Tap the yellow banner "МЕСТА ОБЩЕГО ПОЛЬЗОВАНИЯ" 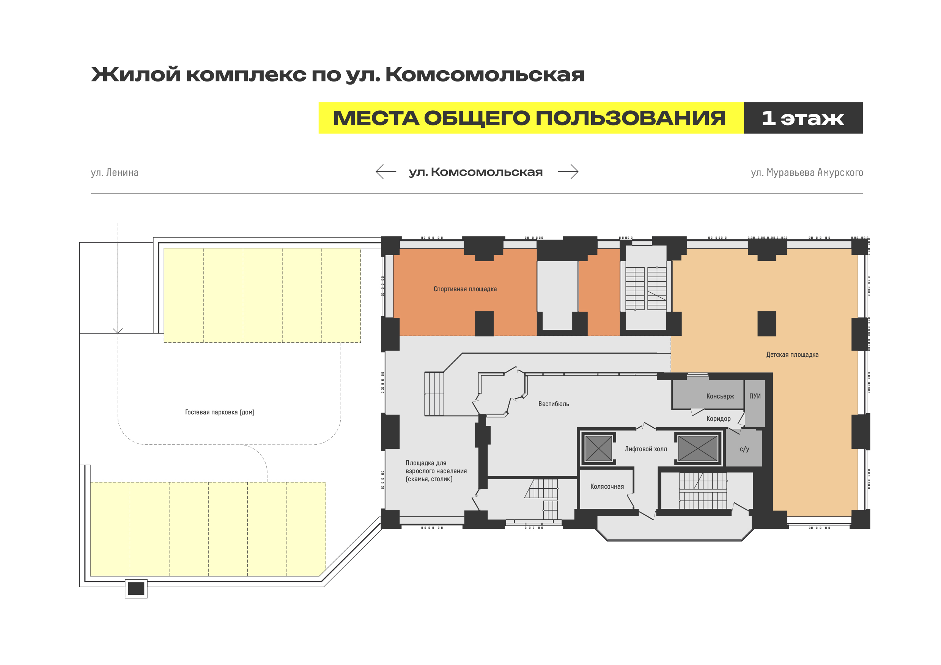click(530, 118)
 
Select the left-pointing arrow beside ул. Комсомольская click(386, 172)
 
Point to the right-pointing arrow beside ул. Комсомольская click(568, 172)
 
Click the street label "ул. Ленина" click(115, 173)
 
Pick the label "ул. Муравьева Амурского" click(807, 173)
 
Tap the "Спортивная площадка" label click(465, 289)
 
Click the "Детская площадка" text click(792, 354)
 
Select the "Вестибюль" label click(553, 404)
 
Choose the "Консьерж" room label click(720, 396)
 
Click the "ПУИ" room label click(755, 396)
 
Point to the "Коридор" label click(718, 419)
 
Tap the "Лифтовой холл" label click(645, 449)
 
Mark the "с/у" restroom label click(744, 449)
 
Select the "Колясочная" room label click(607, 486)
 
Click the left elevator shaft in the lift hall click(598, 449)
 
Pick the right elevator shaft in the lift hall click(697, 449)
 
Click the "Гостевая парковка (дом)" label click(220, 412)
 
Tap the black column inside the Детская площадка click(766, 323)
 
